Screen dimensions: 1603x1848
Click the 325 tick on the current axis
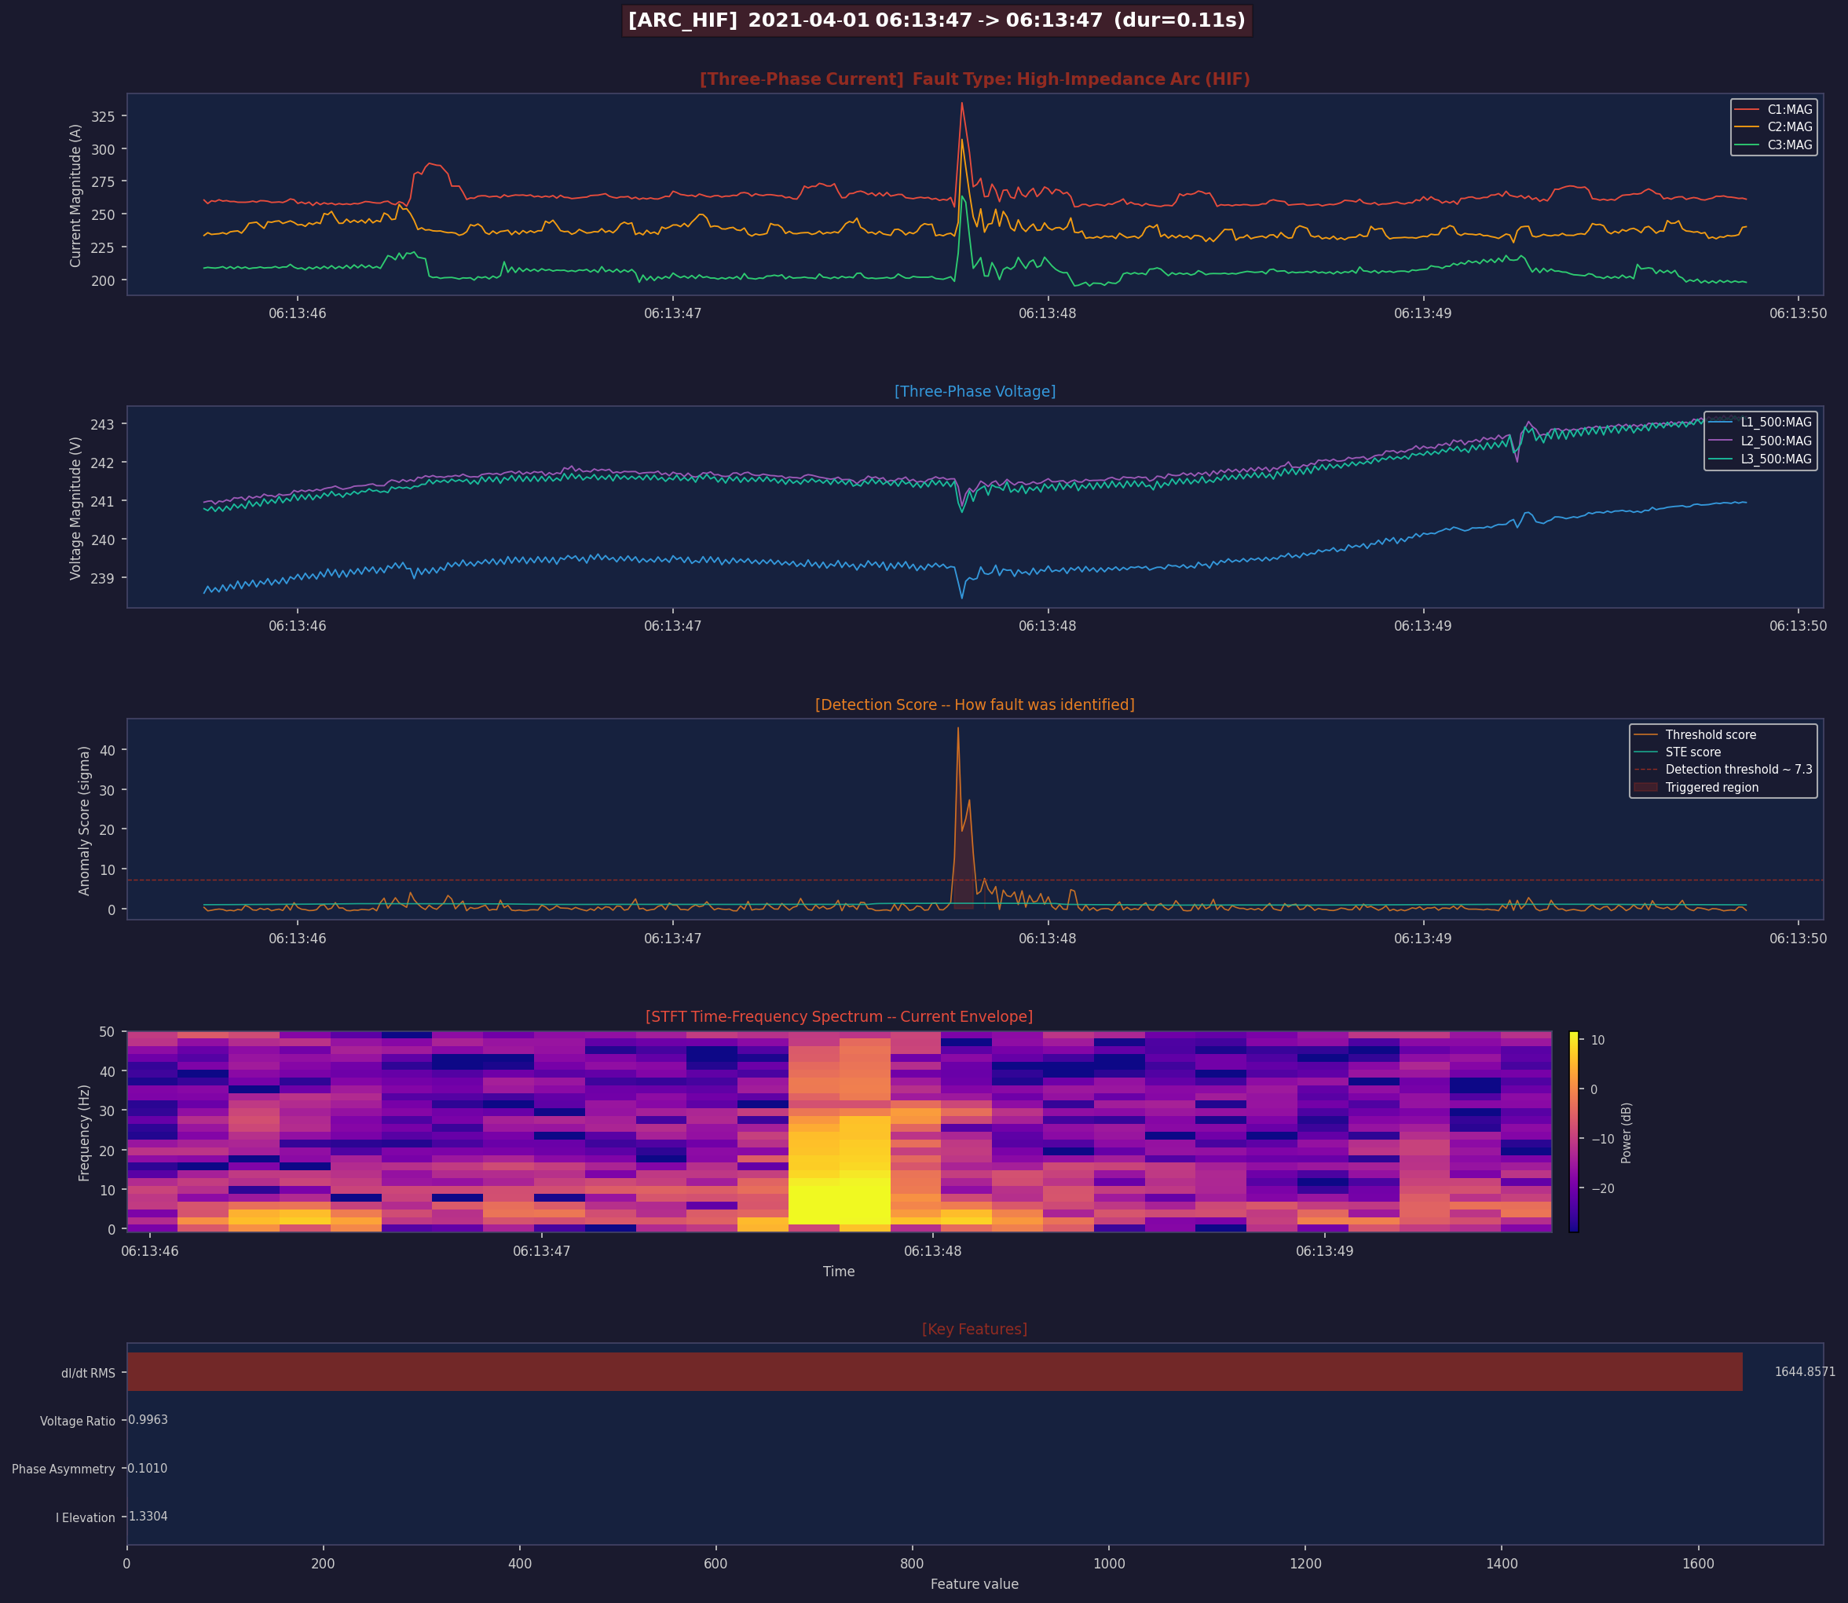(103, 116)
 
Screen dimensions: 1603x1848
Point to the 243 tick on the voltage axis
(103, 424)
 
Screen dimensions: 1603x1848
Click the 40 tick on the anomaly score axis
(108, 749)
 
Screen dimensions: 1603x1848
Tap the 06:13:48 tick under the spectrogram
(932, 1250)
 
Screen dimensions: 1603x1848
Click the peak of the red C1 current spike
(961, 104)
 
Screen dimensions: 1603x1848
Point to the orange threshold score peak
(958, 728)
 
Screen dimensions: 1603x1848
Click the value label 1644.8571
(1804, 1371)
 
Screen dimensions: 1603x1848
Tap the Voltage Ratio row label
(77, 1421)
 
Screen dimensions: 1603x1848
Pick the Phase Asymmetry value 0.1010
(148, 1468)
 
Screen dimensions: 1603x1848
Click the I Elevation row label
(85, 1517)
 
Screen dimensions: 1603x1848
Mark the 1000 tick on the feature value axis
(1109, 1564)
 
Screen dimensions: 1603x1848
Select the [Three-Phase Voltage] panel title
(974, 392)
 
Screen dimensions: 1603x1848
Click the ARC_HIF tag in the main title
(682, 20)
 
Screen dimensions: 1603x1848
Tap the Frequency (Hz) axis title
(84, 1133)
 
